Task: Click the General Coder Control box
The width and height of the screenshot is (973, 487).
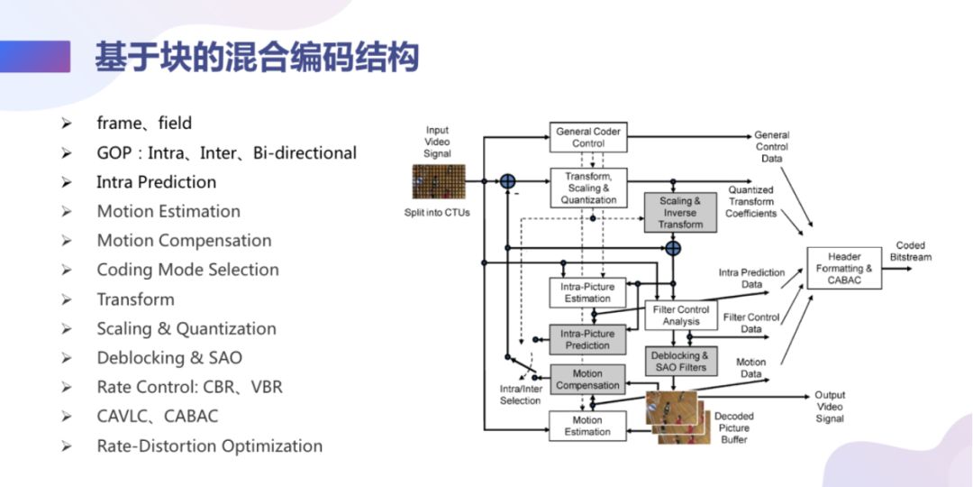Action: point(587,137)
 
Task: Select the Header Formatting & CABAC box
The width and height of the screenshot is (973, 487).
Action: point(843,268)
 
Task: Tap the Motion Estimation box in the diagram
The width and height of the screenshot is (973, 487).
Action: point(587,426)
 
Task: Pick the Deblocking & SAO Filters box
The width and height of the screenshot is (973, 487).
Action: point(680,362)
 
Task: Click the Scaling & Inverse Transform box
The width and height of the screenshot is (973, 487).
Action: point(680,213)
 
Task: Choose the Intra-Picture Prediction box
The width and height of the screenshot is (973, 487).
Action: point(587,339)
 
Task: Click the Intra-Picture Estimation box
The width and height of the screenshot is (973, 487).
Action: point(587,292)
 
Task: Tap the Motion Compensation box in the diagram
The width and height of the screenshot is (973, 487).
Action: point(587,379)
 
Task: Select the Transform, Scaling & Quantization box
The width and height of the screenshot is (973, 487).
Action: point(587,188)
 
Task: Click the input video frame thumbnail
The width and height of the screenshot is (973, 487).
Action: point(437,183)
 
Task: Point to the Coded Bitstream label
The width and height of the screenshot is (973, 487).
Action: point(910,251)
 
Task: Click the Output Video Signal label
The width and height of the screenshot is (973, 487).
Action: point(830,407)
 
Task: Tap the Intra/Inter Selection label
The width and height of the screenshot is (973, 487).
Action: point(521,394)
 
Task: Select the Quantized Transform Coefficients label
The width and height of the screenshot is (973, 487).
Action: point(750,201)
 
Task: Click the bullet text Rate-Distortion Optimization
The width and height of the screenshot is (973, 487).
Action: point(209,446)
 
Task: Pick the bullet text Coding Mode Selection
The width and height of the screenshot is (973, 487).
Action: point(187,270)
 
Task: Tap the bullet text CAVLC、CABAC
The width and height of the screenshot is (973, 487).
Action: point(158,416)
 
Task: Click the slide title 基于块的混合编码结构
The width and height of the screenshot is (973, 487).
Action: point(257,59)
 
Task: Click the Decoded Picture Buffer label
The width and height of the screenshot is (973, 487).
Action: point(734,427)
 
